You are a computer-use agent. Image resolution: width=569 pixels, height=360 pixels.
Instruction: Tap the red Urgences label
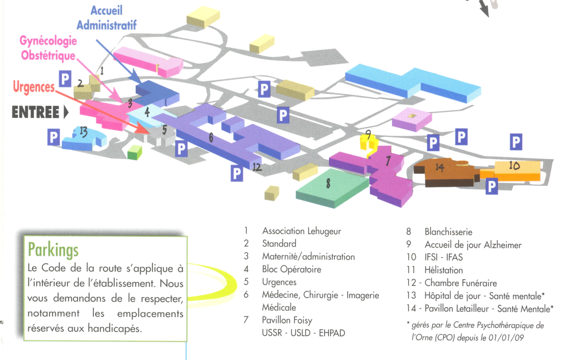coord(34,87)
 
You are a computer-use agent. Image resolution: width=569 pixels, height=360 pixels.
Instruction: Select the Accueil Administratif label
coord(106,18)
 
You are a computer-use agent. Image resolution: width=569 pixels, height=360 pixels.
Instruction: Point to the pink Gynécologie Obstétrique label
coord(48,48)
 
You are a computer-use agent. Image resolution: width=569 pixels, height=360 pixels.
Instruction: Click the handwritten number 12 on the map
coord(256,168)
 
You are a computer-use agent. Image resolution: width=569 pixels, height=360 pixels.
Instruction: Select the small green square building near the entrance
coord(134,153)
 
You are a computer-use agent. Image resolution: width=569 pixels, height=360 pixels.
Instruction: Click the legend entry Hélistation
coord(444,270)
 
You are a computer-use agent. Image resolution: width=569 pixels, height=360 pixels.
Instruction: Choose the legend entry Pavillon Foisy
coord(287,320)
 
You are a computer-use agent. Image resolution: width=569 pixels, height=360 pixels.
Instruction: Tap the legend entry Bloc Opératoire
coord(291,269)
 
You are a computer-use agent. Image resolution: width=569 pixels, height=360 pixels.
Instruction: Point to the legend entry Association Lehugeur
coord(301,231)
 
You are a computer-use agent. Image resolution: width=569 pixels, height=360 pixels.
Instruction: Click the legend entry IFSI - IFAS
coord(444,257)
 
